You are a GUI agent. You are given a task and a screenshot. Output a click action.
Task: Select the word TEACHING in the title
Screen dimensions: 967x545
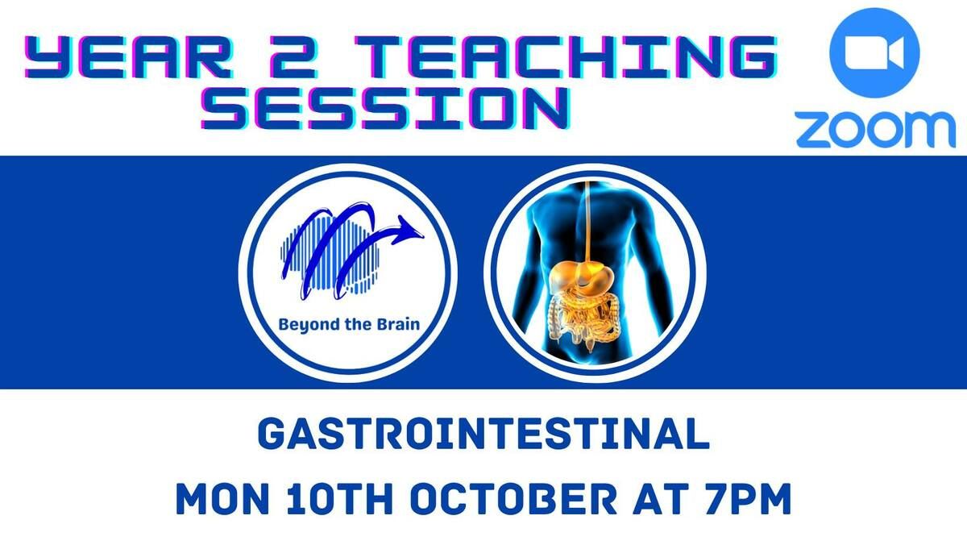coord(566,58)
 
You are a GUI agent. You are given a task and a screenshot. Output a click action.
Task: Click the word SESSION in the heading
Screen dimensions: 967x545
coord(385,108)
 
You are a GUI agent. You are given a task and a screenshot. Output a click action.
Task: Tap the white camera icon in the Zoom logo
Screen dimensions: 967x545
coord(874,52)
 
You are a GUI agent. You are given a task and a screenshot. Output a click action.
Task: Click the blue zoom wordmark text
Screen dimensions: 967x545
coord(875,130)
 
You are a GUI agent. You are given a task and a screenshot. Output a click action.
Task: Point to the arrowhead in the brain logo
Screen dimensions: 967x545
coord(409,228)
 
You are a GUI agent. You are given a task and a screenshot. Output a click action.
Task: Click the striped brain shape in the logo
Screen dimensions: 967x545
coord(330,255)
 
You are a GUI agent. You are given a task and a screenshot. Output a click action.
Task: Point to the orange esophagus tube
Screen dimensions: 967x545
coord(587,220)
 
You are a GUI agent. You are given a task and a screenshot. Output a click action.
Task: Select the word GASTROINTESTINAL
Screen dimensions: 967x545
coord(483,434)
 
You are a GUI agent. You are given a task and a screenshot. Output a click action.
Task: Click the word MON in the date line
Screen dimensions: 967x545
coord(222,499)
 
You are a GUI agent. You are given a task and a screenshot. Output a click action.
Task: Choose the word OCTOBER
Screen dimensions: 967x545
coord(514,499)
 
